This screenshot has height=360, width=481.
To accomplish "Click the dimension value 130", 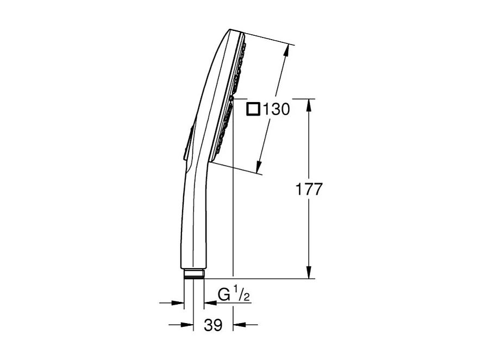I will [x=276, y=109].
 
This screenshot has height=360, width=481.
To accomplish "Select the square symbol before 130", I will [x=253, y=109].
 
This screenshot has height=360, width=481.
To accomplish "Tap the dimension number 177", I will [x=309, y=190].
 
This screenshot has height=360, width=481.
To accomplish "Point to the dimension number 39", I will [x=214, y=325].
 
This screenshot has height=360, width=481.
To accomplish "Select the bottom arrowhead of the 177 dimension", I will [x=309, y=273].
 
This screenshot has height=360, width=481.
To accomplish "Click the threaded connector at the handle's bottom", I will [x=193, y=273].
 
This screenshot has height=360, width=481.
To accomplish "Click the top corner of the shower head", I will [x=231, y=29].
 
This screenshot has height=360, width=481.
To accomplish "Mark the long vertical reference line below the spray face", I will [x=233, y=217].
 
